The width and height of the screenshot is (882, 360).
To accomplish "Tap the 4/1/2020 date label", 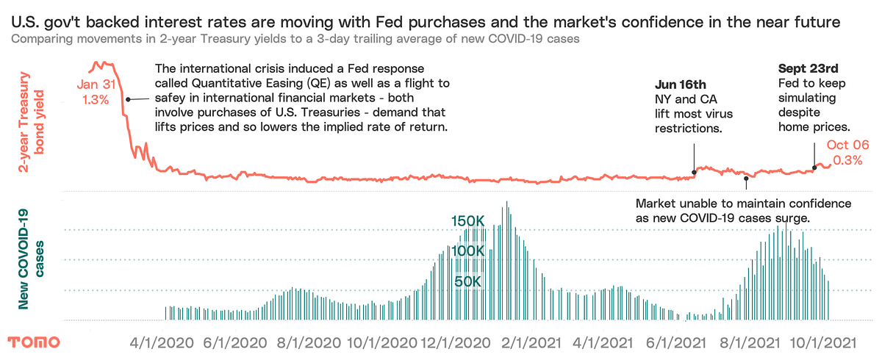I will tap(162, 342).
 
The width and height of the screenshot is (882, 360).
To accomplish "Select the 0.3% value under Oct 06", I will tap(847, 161).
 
